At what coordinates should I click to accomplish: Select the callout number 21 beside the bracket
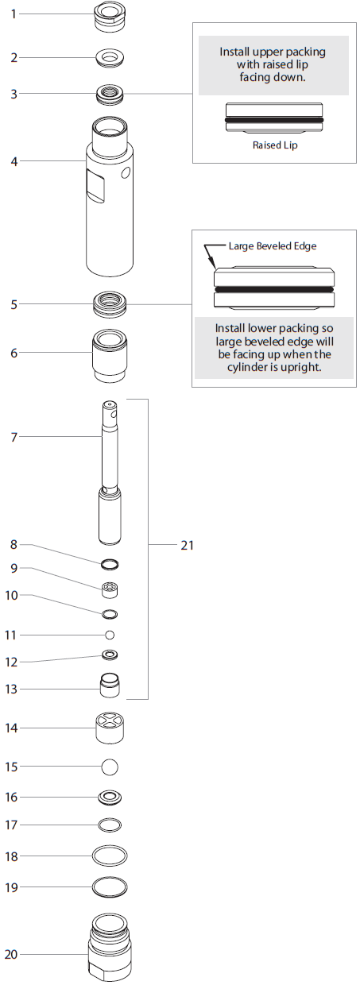(x=187, y=545)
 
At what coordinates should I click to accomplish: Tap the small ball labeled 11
(x=110, y=635)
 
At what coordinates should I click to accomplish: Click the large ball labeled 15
(x=110, y=767)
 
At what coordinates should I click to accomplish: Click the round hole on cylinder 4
(x=124, y=172)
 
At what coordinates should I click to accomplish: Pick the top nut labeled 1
(x=110, y=16)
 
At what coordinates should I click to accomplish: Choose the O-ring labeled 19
(x=110, y=886)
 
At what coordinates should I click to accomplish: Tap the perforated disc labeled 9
(x=110, y=590)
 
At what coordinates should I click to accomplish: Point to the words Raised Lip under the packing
(x=274, y=146)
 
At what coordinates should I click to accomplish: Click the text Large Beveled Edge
(x=273, y=246)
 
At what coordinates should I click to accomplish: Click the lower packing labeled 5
(x=110, y=304)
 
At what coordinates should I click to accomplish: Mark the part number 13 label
(x=13, y=689)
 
